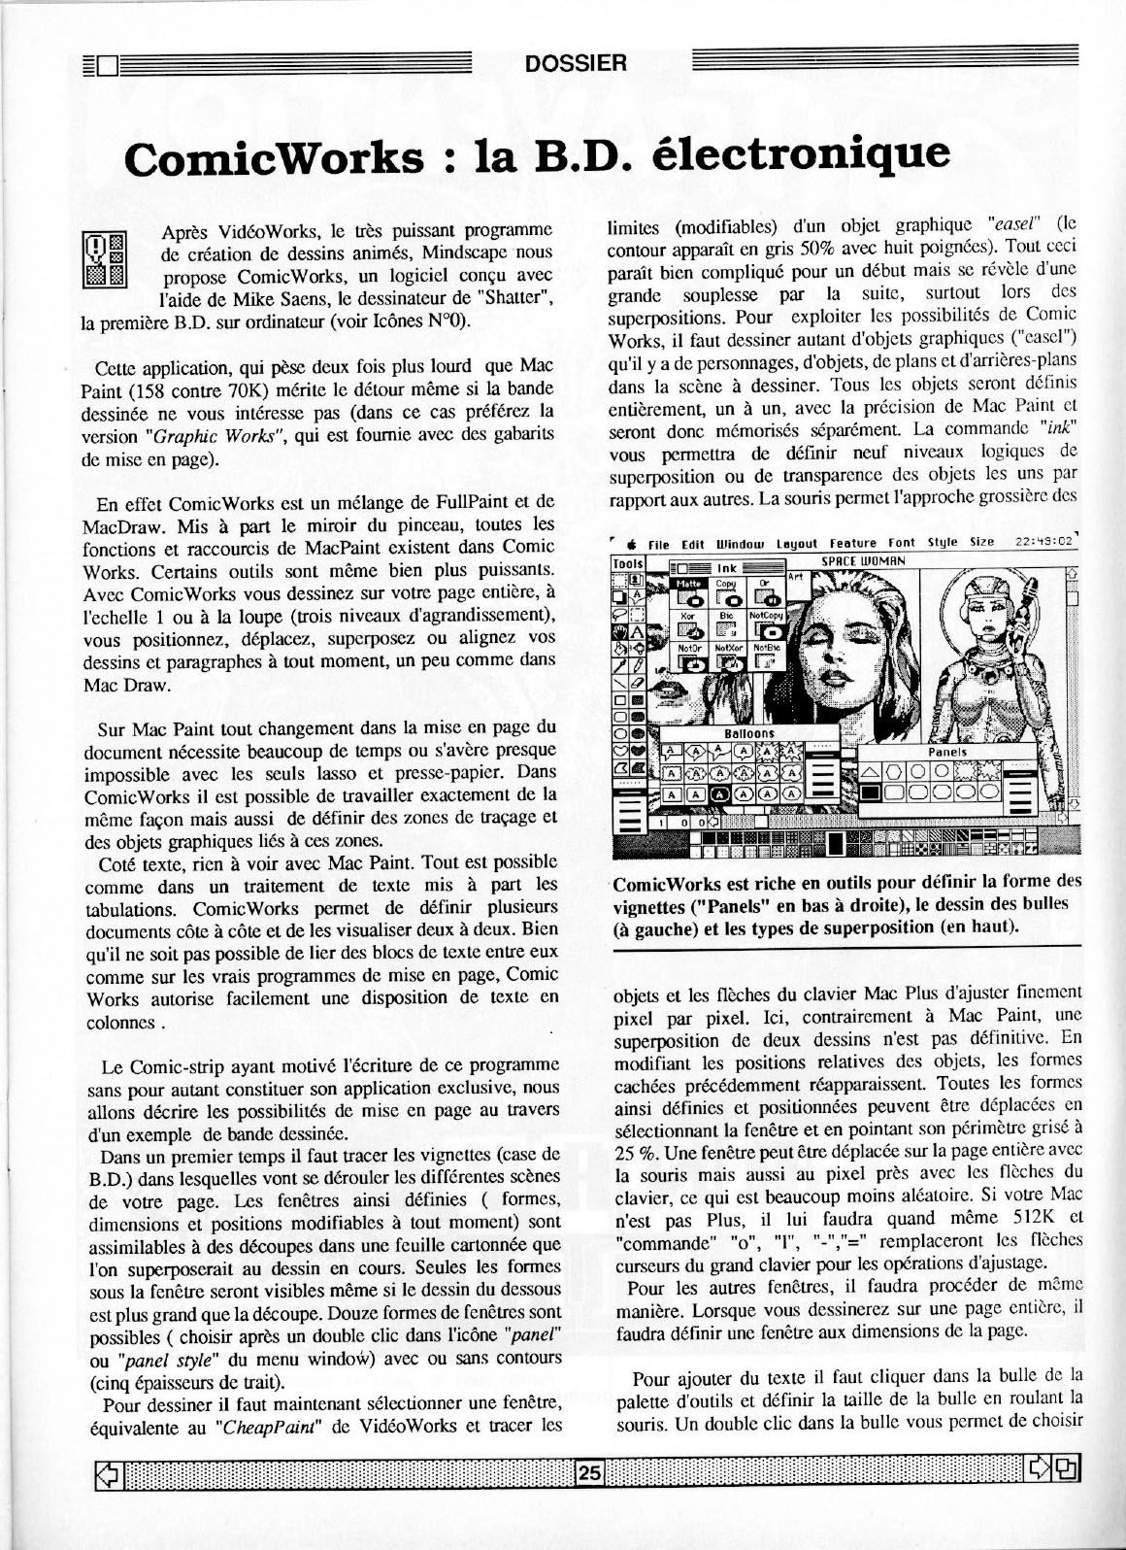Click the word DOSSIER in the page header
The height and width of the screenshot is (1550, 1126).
coord(576,65)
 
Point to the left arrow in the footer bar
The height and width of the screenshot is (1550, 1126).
coord(104,1472)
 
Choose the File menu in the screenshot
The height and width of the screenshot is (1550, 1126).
coord(659,544)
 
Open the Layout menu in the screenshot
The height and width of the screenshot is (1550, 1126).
coord(795,544)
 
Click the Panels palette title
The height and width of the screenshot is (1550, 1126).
coord(947,752)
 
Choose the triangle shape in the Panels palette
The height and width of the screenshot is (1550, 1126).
coord(870,770)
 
